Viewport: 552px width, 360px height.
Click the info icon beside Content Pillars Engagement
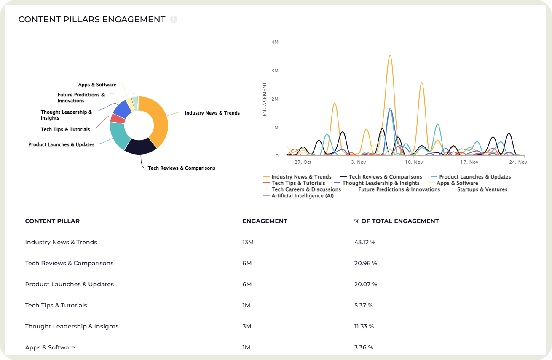[x=174, y=19]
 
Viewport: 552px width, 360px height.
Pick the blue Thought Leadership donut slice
[x=122, y=109]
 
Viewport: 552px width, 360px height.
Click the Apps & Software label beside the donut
[x=97, y=85]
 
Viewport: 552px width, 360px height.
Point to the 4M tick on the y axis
[x=275, y=42]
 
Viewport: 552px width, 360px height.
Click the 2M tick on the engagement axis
[x=275, y=99]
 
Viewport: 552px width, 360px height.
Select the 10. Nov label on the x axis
[x=414, y=162]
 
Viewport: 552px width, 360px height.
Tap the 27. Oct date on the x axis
[x=303, y=162]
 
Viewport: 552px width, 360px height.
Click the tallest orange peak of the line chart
[x=390, y=56]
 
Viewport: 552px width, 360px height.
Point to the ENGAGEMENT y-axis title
[x=264, y=99]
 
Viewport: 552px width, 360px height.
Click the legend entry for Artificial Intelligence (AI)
[x=302, y=196]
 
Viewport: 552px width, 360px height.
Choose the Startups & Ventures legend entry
[x=482, y=189]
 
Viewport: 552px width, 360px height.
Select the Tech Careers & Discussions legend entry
[x=306, y=189]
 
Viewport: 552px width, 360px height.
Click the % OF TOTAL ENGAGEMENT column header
[x=397, y=221]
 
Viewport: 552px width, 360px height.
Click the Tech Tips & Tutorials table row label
[x=56, y=305]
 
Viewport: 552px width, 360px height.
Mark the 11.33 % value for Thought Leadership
[x=364, y=326]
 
